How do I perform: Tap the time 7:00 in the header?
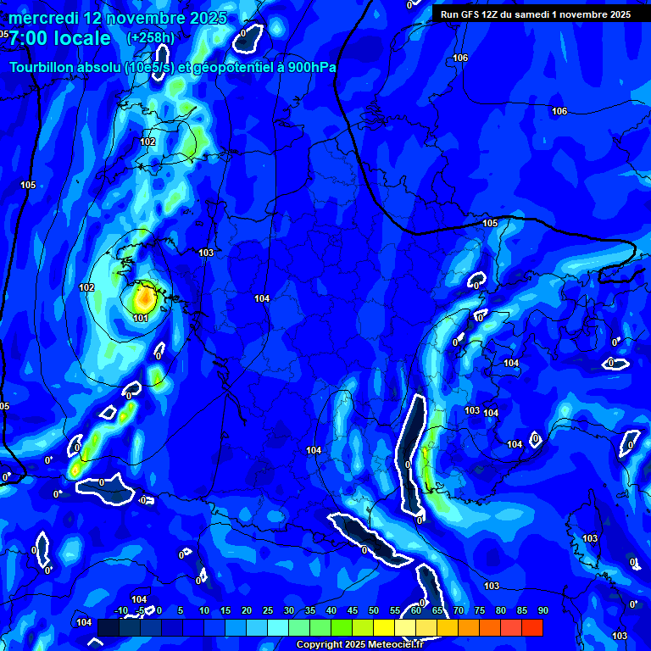coord(31,38)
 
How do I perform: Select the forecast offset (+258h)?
coord(150,38)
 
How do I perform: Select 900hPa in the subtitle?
coord(310,68)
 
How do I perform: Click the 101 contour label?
coord(141,318)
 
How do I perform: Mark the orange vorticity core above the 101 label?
coord(143,298)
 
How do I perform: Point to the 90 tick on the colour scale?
coord(542,610)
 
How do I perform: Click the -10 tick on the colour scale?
coord(120,610)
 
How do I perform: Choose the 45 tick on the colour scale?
coord(353,610)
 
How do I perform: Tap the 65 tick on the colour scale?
coord(437,610)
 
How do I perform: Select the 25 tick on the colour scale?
coord(268,610)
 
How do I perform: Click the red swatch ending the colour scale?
coord(531,627)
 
